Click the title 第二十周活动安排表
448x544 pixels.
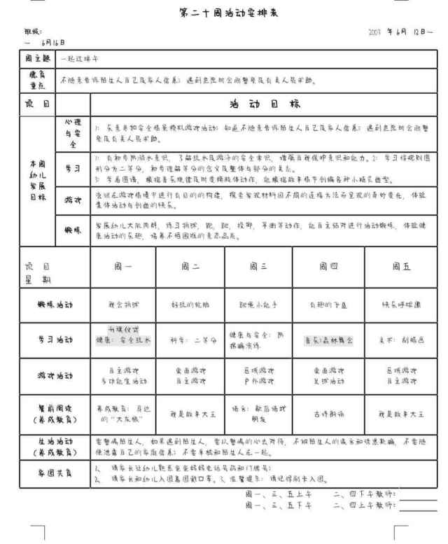coord(223,12)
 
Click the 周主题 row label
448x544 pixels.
coord(36,61)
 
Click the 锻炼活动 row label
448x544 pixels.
coord(55,305)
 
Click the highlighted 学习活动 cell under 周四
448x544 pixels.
coord(328,340)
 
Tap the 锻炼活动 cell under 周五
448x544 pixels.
coord(395,305)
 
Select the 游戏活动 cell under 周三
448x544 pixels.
coord(258,377)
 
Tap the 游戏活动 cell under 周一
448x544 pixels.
coord(122,377)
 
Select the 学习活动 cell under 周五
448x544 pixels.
coord(395,340)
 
